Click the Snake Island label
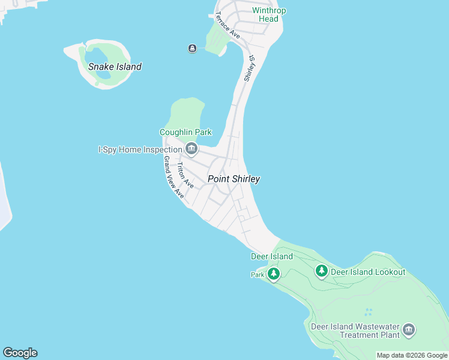coord(115,67)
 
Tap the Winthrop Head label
coord(265,14)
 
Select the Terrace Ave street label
coord(228,25)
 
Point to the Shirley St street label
coord(249,69)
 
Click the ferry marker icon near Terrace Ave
coord(192,49)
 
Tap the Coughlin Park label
coord(185,132)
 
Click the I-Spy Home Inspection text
coord(140,149)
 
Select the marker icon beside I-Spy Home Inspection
coord(191,148)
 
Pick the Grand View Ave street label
coord(173,178)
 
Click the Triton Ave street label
coord(185,176)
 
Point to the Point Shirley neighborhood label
coord(234,179)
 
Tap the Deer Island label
coord(271,256)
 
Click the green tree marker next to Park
coord(274,274)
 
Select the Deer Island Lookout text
coord(368,272)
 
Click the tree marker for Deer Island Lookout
coord(322,272)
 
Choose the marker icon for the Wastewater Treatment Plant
coord(409,329)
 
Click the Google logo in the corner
coord(20,353)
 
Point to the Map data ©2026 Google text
coord(412,355)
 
